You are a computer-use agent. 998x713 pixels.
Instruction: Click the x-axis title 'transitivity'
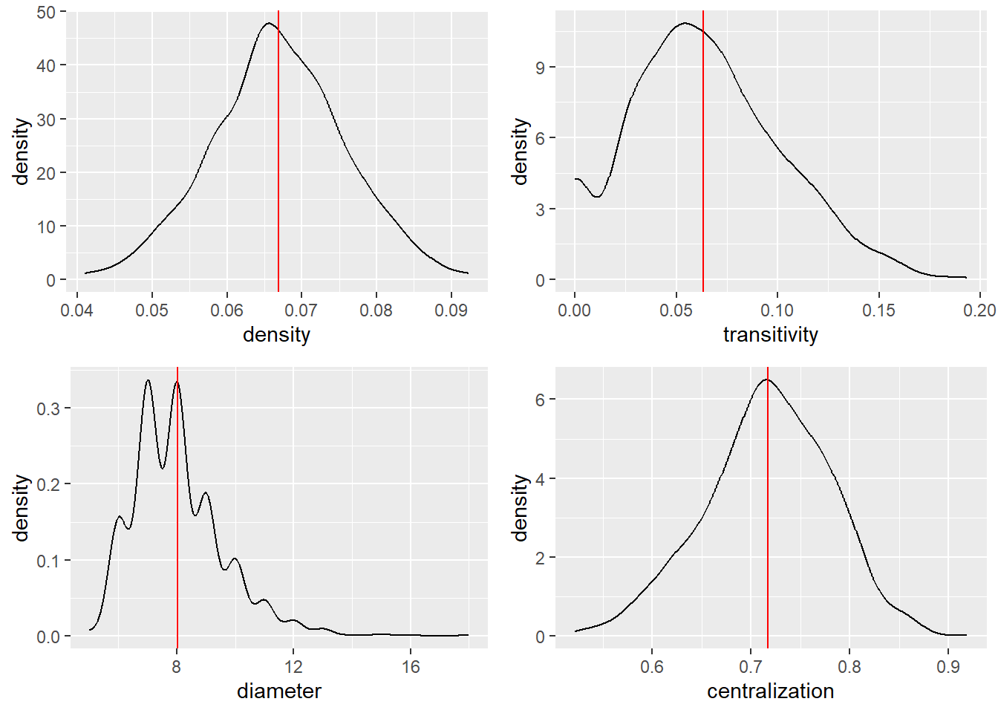pyautogui.click(x=770, y=334)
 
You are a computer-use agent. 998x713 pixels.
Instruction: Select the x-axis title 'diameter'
pyautogui.click(x=278, y=691)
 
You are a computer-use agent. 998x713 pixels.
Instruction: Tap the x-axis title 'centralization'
pyautogui.click(x=770, y=691)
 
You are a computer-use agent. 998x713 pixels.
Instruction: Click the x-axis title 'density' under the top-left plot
pyautogui.click(x=276, y=334)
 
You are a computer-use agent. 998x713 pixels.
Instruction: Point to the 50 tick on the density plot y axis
pyautogui.click(x=46, y=13)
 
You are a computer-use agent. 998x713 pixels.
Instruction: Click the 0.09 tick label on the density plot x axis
pyautogui.click(x=451, y=310)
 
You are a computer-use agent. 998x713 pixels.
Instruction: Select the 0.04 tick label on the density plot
pyautogui.click(x=76, y=310)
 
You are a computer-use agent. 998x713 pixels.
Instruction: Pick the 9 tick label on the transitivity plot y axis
pyautogui.click(x=540, y=68)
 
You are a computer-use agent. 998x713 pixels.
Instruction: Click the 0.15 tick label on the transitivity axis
pyautogui.click(x=878, y=310)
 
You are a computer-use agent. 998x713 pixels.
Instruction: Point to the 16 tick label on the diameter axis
pyautogui.click(x=411, y=666)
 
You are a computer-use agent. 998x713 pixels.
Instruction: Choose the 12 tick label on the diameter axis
pyautogui.click(x=293, y=666)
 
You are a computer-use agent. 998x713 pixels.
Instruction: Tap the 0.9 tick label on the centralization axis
pyautogui.click(x=948, y=666)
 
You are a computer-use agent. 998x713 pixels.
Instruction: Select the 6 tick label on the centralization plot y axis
pyautogui.click(x=540, y=400)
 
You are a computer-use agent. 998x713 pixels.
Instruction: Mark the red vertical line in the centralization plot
pyautogui.click(x=768, y=520)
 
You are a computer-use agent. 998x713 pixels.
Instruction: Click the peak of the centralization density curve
pyautogui.click(x=766, y=380)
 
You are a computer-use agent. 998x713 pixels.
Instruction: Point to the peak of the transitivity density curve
pyautogui.click(x=684, y=23)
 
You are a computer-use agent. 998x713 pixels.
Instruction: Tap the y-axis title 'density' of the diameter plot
pyautogui.click(x=21, y=508)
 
